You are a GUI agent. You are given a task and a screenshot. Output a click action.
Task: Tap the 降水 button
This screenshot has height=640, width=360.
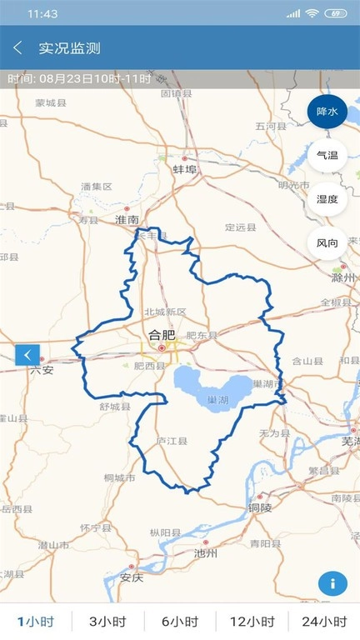click(327, 112)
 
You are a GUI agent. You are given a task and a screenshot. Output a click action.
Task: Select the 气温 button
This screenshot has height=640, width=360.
click(327, 156)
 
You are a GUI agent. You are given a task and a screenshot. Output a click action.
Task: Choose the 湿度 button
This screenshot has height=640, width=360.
click(327, 199)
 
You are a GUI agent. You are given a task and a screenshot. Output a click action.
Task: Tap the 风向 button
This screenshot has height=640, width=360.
click(327, 243)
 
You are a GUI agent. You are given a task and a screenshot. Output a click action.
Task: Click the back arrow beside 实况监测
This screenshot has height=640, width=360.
click(17, 48)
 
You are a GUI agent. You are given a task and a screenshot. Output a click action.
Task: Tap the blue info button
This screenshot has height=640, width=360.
click(332, 583)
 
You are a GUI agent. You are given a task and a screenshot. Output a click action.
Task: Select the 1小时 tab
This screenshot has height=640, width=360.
click(36, 622)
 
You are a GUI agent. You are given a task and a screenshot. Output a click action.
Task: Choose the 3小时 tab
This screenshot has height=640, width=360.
click(107, 622)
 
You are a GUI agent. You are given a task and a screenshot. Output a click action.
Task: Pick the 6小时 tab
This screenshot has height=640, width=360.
click(180, 622)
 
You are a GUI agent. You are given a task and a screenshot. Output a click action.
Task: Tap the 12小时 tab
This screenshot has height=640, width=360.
click(252, 622)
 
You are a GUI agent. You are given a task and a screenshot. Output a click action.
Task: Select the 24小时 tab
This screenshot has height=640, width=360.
click(324, 622)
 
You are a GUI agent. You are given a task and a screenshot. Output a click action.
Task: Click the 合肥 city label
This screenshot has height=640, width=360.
click(162, 336)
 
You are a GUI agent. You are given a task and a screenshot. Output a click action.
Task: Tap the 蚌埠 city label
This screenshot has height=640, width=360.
click(184, 169)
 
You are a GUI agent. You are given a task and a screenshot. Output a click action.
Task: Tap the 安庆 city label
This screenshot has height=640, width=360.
click(132, 577)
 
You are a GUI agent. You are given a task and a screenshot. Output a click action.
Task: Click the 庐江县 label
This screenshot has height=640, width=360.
click(172, 441)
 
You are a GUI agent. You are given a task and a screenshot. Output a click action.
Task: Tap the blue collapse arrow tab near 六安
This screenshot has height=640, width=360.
click(27, 355)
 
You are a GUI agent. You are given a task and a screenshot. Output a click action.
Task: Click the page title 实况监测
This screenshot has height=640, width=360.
click(69, 48)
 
